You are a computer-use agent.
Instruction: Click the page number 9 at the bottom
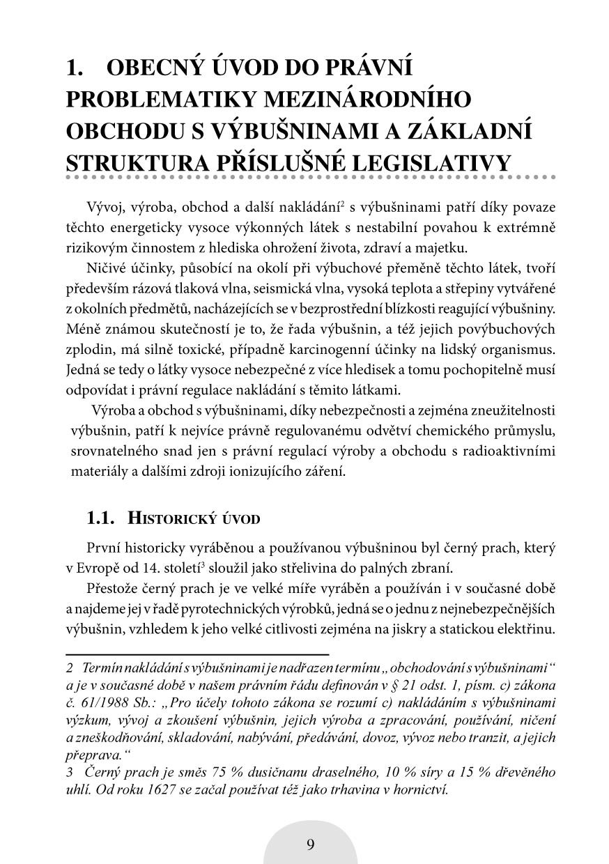tap(310, 844)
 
